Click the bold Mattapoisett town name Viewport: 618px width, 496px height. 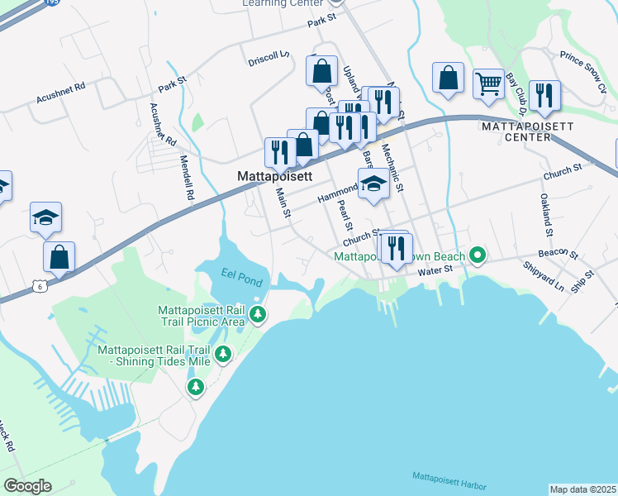[274, 177]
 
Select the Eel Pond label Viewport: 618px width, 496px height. [241, 277]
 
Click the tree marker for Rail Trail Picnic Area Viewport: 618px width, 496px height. [259, 314]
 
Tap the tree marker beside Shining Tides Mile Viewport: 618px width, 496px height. [222, 355]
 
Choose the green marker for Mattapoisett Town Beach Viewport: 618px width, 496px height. [477, 255]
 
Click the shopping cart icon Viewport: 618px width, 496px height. [488, 83]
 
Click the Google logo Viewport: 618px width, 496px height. [27, 485]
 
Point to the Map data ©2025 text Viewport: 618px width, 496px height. [582, 489]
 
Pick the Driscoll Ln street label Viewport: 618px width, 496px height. [269, 60]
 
